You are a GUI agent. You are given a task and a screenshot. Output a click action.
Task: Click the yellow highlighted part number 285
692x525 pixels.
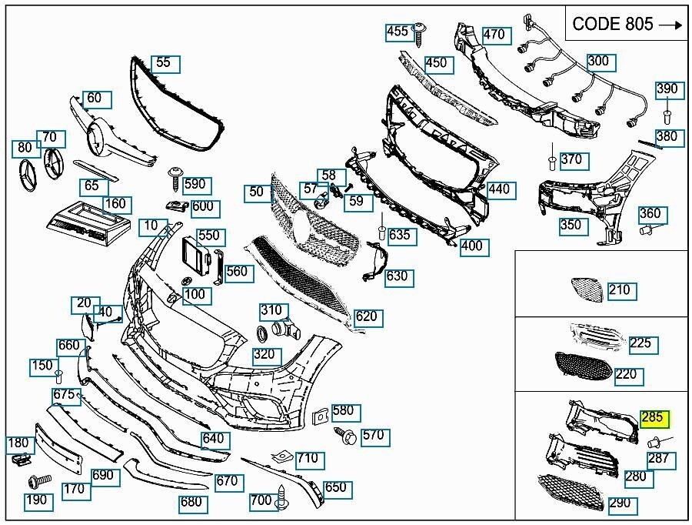click(x=653, y=420)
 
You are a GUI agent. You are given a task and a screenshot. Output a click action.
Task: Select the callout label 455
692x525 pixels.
click(x=398, y=32)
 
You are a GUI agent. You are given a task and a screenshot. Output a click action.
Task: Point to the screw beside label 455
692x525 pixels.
click(x=421, y=31)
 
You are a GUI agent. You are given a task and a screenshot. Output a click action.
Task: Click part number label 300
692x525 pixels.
click(x=597, y=62)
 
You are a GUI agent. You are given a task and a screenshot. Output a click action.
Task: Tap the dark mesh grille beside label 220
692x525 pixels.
click(x=584, y=370)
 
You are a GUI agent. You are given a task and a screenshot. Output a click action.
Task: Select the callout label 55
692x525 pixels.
click(x=164, y=63)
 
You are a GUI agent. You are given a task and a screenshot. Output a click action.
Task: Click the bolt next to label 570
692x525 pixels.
click(x=345, y=436)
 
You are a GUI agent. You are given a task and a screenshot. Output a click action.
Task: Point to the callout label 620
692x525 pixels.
click(x=368, y=316)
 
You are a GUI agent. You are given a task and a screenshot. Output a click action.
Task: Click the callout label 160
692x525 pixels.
click(x=115, y=205)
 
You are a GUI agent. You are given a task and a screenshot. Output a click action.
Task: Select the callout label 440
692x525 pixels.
click(x=499, y=189)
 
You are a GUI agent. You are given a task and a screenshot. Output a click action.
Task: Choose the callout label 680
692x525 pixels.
click(x=191, y=503)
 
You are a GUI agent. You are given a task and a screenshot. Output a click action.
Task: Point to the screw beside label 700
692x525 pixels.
click(x=283, y=496)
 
